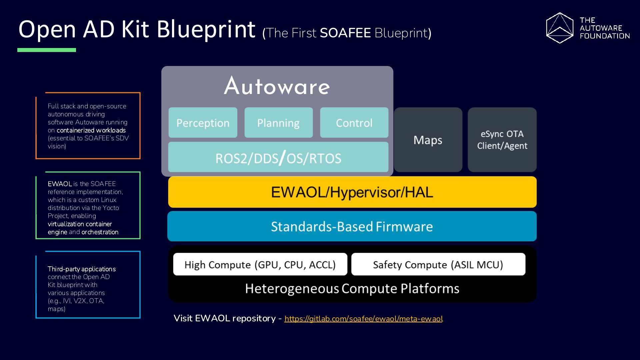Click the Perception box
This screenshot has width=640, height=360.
[x=203, y=122]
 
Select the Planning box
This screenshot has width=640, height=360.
[x=278, y=122]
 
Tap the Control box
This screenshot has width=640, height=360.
[x=354, y=122]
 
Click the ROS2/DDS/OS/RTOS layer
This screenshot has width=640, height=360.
[x=278, y=157]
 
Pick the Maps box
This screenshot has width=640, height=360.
[x=428, y=140]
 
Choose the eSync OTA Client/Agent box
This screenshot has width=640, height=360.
[x=502, y=140]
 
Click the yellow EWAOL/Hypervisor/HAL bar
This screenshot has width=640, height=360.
[x=352, y=192]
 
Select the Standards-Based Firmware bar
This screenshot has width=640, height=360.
[x=352, y=226]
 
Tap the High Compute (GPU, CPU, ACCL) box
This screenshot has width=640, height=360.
[x=260, y=264]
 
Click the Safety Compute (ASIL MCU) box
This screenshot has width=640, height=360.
[x=438, y=264]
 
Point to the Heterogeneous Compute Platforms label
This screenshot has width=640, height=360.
[x=352, y=289]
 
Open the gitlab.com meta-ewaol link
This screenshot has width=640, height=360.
[x=364, y=319]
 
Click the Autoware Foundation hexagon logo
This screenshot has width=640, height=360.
[x=560, y=28]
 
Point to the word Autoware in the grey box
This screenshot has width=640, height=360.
[x=277, y=86]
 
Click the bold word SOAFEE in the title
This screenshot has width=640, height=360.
[x=345, y=33]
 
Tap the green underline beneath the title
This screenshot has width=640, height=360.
[x=47, y=50]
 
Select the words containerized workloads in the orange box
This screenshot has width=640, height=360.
[x=91, y=130]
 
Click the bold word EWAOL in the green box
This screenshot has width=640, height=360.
[x=60, y=184]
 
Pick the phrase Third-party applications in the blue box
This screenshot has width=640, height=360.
[x=82, y=269]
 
